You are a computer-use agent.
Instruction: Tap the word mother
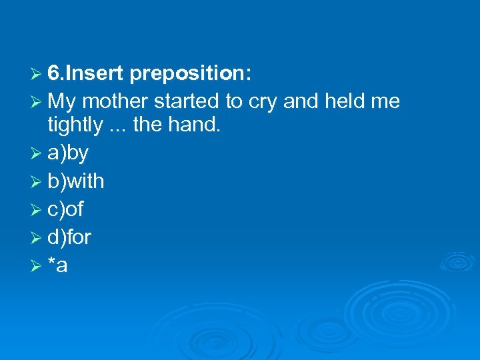(115, 101)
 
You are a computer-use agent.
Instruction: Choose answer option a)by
(68, 153)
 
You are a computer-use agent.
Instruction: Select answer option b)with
(75, 181)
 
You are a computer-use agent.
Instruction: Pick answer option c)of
(65, 209)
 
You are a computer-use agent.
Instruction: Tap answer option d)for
(69, 237)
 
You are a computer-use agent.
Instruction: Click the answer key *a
(58, 265)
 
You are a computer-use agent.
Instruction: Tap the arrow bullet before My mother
(37, 102)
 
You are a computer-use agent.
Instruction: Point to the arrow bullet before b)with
(37, 181)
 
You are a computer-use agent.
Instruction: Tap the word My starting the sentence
(62, 102)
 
